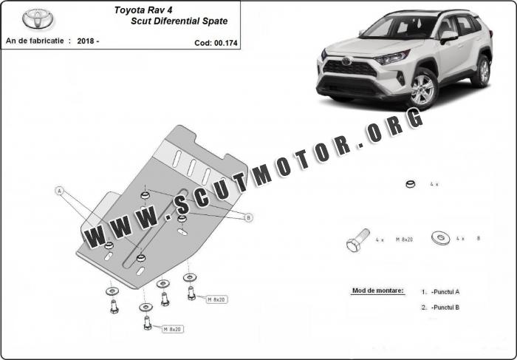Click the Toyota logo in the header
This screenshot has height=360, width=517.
pos(38,18)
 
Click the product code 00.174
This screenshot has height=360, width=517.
pos(225,43)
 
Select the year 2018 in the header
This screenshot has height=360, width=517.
pos(86,41)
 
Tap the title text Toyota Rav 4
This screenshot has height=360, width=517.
pos(143,10)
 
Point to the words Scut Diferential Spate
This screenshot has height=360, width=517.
pos(179,21)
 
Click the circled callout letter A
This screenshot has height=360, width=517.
pos(59,191)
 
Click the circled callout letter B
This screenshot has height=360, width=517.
pos(249,217)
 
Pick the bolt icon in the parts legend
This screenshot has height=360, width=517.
pos(357,240)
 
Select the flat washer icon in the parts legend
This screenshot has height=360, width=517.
pos(440,237)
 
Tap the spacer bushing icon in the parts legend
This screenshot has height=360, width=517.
pos(410,184)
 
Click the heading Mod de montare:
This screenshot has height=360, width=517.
pos(377,291)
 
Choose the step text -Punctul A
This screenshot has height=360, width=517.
pos(445,292)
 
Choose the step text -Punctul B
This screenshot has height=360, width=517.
pos(445,308)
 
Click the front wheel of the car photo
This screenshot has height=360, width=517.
pos(423,89)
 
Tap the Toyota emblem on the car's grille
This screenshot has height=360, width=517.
pos(346,61)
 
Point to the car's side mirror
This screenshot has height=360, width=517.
pos(448,37)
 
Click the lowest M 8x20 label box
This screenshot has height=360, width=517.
pos(173,329)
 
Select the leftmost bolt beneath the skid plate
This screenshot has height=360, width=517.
pos(114,307)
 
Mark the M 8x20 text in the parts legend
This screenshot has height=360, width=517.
pos(404,240)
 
